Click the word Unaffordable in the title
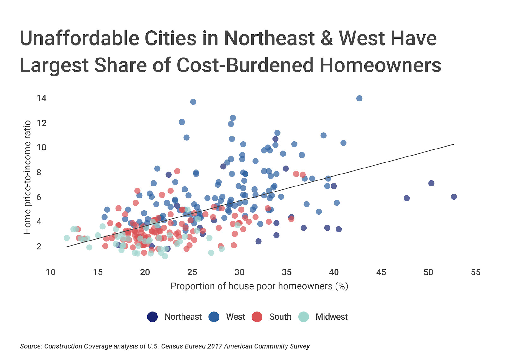[79, 39]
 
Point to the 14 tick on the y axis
[41, 98]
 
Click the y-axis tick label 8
[39, 172]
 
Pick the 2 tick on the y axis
[39, 246]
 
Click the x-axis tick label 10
[51, 272]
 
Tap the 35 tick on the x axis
[287, 272]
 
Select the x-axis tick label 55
[475, 272]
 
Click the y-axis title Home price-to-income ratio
[28, 177]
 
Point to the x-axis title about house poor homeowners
[259, 286]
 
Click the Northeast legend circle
[152, 317]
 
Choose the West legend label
[235, 317]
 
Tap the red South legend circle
[257, 317]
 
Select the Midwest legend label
[331, 317]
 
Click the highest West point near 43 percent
[359, 98]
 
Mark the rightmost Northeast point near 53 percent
[454, 197]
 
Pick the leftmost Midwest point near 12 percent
[66, 238]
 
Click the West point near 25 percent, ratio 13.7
[193, 101]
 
